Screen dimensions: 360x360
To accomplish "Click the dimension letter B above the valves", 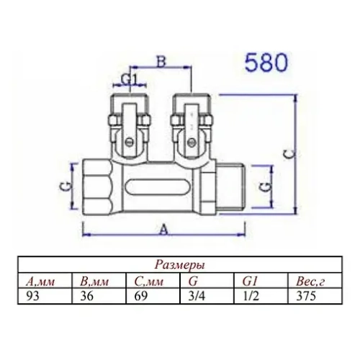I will [163, 63].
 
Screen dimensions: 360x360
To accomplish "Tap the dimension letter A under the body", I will [163, 230].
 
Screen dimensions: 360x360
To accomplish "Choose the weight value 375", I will [297, 294].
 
